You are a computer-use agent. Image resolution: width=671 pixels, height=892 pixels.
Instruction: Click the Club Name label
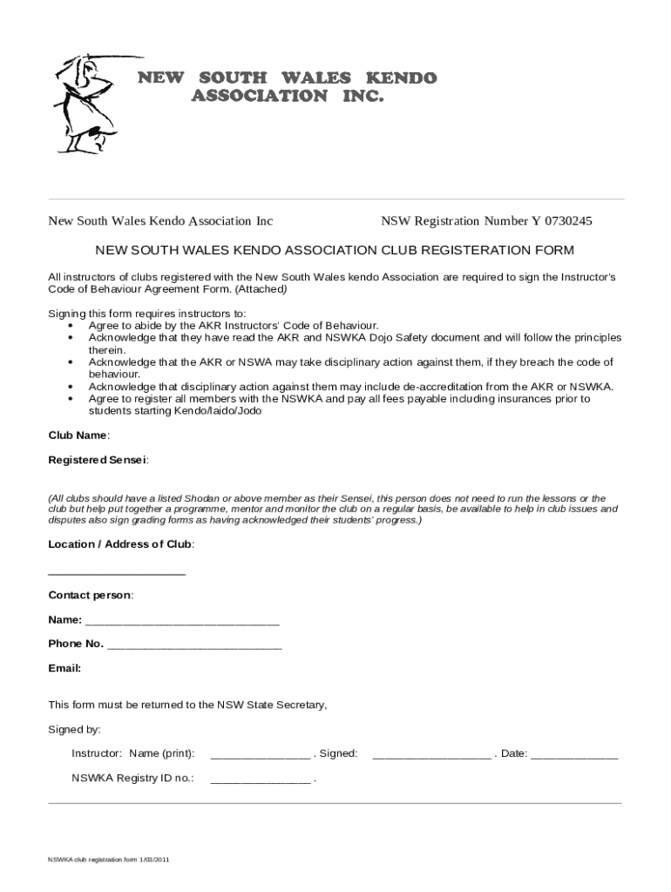78,435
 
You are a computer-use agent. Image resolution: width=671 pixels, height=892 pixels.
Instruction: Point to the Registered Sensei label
98,459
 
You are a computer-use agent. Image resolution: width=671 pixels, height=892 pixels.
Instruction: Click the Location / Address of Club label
121,544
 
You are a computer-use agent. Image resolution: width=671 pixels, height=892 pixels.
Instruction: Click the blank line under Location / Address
117,573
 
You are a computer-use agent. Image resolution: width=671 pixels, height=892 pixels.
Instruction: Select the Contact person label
91,595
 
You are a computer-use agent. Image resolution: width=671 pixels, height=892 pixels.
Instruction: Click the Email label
64,669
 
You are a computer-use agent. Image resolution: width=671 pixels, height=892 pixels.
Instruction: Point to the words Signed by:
74,729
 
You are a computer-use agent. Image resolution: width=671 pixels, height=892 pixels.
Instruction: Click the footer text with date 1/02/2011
108,860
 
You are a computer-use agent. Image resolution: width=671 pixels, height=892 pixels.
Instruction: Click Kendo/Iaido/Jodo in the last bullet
218,410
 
